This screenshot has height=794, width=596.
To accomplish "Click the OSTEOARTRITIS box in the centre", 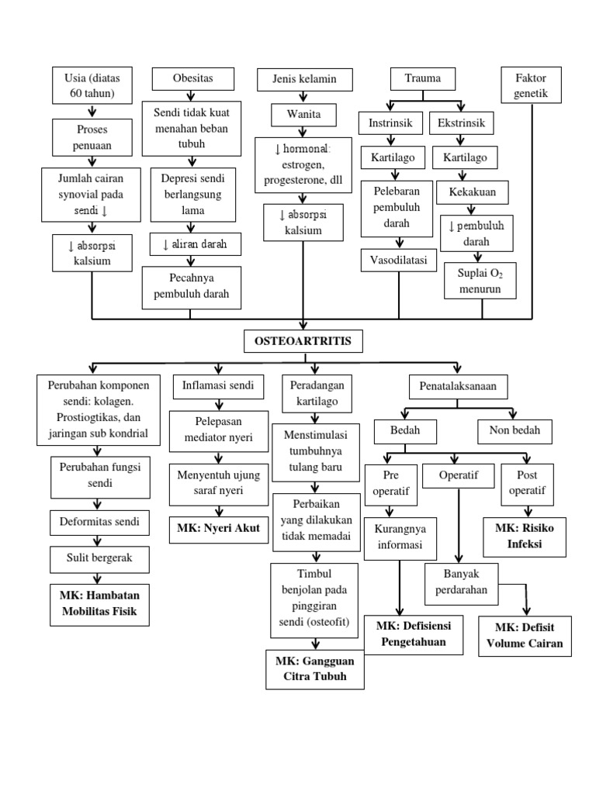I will tap(303, 341).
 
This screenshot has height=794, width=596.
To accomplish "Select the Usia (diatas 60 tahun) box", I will tap(92, 86).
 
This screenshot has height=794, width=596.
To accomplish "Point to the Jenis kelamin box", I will tap(305, 80).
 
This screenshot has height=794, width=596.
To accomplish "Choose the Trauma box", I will tap(422, 78).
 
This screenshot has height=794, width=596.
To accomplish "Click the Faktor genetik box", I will tap(532, 86).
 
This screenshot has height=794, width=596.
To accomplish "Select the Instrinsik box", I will tap(390, 123).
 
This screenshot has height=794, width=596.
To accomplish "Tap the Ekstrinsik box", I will tap(465, 123).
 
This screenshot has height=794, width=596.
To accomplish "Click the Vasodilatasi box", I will tap(399, 261).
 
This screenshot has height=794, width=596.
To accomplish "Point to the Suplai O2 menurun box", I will tap(480, 281).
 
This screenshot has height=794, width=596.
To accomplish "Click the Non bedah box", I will tap(515, 430).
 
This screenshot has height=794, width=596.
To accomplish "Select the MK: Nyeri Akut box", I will tap(217, 530).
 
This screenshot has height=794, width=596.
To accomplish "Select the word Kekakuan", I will tap(472, 191).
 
